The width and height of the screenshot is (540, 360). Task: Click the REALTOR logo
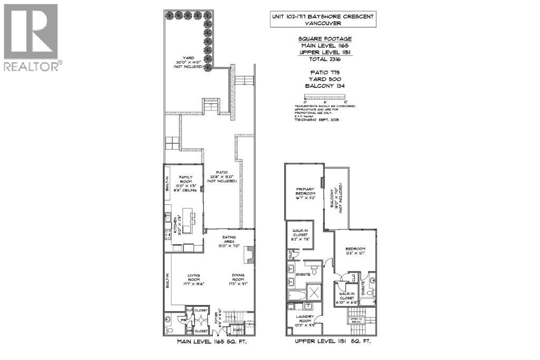pyautogui.click(x=31, y=37)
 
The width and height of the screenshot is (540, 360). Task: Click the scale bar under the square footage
pyautogui.click(x=325, y=97)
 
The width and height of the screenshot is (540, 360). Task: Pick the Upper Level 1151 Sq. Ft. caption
pyautogui.click(x=333, y=342)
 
